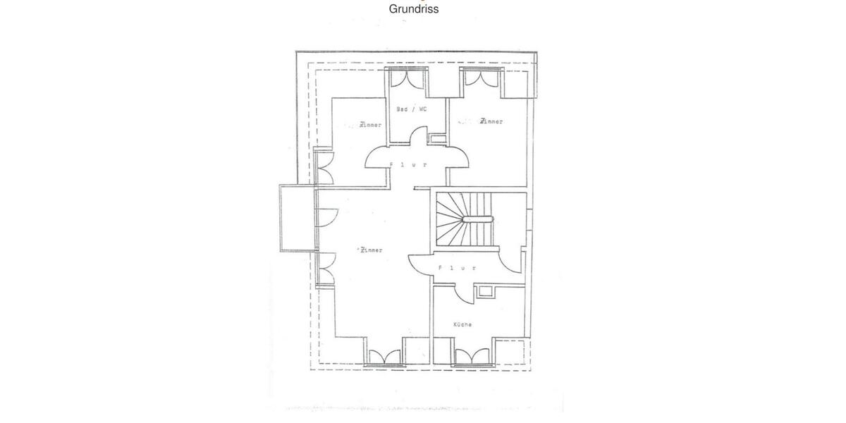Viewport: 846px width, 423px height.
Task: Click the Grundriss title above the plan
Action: coord(414,9)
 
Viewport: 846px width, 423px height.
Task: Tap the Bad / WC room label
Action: coord(411,109)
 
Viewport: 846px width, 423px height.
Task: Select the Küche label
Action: coord(462,324)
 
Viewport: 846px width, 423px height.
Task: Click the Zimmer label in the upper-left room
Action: coord(370,125)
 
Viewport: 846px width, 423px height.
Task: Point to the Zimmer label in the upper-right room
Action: coord(491,121)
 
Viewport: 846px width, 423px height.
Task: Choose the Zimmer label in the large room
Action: coord(371,250)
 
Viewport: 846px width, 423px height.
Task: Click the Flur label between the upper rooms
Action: coord(409,164)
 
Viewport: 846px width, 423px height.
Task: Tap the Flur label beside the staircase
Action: coord(457,268)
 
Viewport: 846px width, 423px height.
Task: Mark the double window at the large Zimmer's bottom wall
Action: coord(384,357)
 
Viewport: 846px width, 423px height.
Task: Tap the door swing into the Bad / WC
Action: coord(419,135)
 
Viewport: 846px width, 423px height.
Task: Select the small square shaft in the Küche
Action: coord(484,291)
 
